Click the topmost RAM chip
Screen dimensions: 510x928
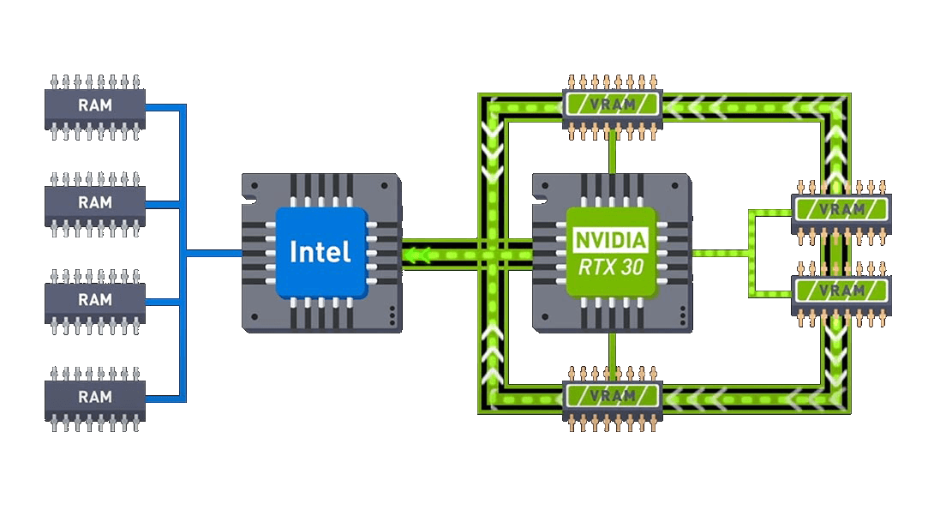click(95, 106)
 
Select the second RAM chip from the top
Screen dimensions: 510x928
click(95, 203)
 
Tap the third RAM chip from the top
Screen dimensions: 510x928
click(95, 300)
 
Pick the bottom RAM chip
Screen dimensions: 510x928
click(95, 397)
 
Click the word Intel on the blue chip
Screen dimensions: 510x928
click(320, 252)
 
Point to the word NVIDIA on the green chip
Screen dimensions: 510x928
click(611, 238)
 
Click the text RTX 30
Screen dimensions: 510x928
click(611, 267)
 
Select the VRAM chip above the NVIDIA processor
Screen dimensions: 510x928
click(613, 105)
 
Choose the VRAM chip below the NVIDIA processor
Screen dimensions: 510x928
click(613, 395)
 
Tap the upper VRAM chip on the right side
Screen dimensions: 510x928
click(841, 208)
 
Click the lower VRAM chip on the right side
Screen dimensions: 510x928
click(841, 291)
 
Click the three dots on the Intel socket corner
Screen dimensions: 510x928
click(392, 316)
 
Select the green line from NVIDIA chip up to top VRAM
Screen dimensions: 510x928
click(613, 154)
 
